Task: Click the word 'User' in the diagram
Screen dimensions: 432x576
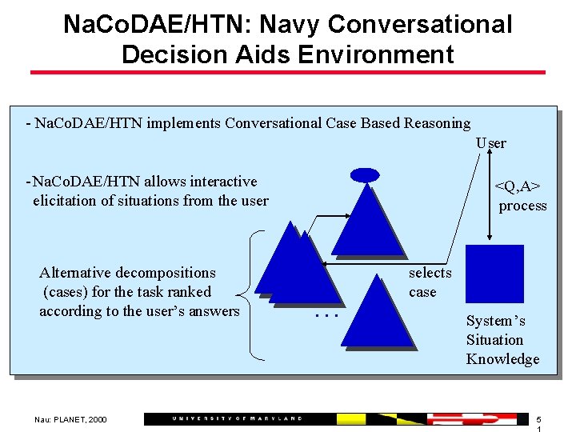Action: tap(490, 143)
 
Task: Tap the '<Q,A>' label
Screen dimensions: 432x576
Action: tap(518, 186)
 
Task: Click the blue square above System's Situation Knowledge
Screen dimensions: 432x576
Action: tap(494, 274)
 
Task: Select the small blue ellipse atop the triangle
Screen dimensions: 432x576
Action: tap(365, 175)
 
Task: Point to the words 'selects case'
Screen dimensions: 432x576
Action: tap(430, 282)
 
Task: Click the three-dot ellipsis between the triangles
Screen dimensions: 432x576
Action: tap(326, 316)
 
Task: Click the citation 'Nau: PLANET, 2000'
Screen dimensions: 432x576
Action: tap(70, 419)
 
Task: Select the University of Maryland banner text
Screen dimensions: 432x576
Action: tap(238, 419)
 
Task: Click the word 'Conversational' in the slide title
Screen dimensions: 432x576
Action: tap(420, 24)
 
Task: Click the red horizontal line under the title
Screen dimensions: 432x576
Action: tap(287, 73)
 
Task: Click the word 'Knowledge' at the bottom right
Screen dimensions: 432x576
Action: tap(502, 359)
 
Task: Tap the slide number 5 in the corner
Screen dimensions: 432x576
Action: tap(538, 419)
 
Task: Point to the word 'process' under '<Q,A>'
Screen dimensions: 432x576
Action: tap(522, 206)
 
